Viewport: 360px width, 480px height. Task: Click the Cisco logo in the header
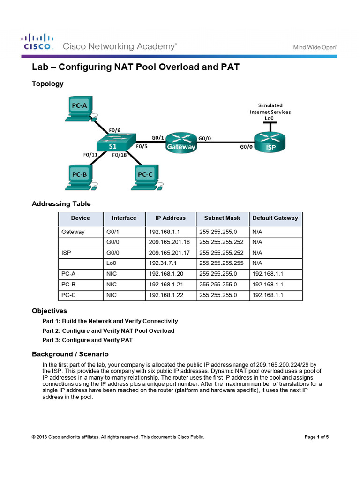click(x=38, y=42)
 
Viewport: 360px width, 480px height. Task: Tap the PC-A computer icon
click(x=80, y=108)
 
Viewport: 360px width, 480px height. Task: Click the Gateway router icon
click(x=181, y=142)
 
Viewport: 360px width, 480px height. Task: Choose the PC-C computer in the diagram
click(x=145, y=176)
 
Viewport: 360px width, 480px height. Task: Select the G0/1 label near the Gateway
click(x=158, y=137)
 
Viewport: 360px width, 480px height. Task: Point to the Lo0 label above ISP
click(x=269, y=119)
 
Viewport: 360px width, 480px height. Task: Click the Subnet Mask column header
click(x=222, y=218)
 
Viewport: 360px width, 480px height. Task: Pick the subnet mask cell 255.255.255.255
click(x=222, y=262)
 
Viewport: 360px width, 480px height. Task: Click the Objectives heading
click(x=49, y=311)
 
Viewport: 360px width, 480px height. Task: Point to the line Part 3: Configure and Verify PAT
click(x=87, y=340)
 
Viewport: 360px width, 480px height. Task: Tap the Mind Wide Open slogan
click(x=315, y=47)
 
